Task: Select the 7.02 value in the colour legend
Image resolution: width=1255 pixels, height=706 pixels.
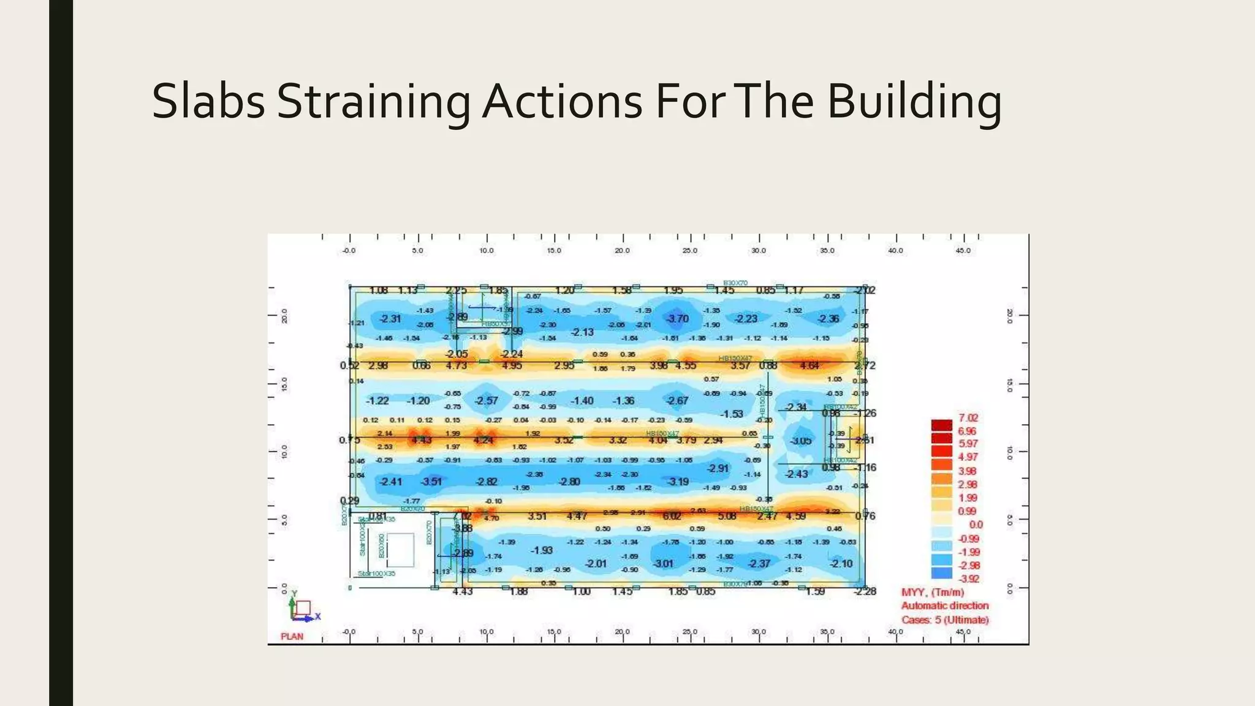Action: pos(968,418)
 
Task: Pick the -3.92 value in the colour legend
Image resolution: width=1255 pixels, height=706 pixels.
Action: pos(968,579)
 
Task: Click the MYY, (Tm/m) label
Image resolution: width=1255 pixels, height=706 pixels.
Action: pos(933,593)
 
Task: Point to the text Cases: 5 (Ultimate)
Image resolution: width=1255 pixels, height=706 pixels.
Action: pos(945,620)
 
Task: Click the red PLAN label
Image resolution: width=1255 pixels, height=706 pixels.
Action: pos(292,636)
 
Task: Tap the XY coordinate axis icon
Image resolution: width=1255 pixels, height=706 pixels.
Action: pos(301,608)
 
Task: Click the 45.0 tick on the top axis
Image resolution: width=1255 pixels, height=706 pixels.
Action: pos(963,251)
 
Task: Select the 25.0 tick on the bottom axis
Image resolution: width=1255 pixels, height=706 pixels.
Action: pos(690,632)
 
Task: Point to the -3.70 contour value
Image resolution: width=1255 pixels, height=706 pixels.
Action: pos(678,319)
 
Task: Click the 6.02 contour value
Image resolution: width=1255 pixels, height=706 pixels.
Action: pos(672,516)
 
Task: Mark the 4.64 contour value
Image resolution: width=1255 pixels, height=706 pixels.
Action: pos(809,365)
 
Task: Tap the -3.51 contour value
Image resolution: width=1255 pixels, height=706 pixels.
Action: pos(431,482)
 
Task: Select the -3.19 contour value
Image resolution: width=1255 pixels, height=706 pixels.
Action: pos(678,482)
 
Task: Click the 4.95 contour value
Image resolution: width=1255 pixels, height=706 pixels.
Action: pos(512,365)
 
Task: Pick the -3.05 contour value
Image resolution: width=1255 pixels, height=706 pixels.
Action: pos(800,441)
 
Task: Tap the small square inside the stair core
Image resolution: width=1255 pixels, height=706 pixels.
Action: pos(401,550)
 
